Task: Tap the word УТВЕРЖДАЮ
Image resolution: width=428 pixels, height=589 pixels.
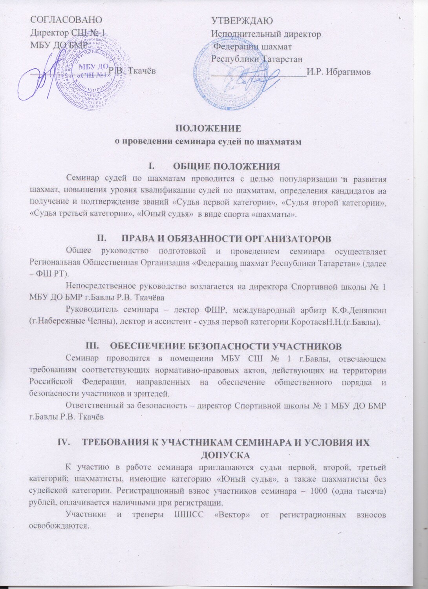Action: click(242, 20)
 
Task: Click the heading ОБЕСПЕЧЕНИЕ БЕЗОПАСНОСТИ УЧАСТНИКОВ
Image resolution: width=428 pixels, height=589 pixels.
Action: click(226, 346)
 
